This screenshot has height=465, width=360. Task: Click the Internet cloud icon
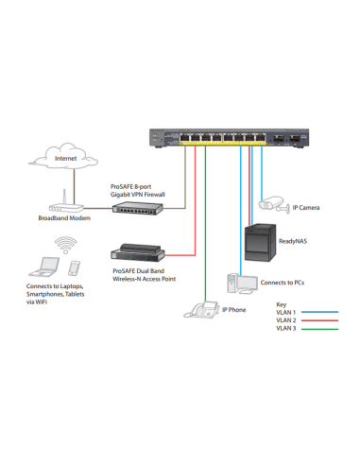[x=65, y=157]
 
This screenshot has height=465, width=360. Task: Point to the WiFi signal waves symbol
[x=65, y=244]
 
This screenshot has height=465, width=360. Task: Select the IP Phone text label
[x=233, y=309]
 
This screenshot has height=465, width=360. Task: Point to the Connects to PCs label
[x=282, y=283]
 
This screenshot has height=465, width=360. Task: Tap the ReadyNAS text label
[x=294, y=242]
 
